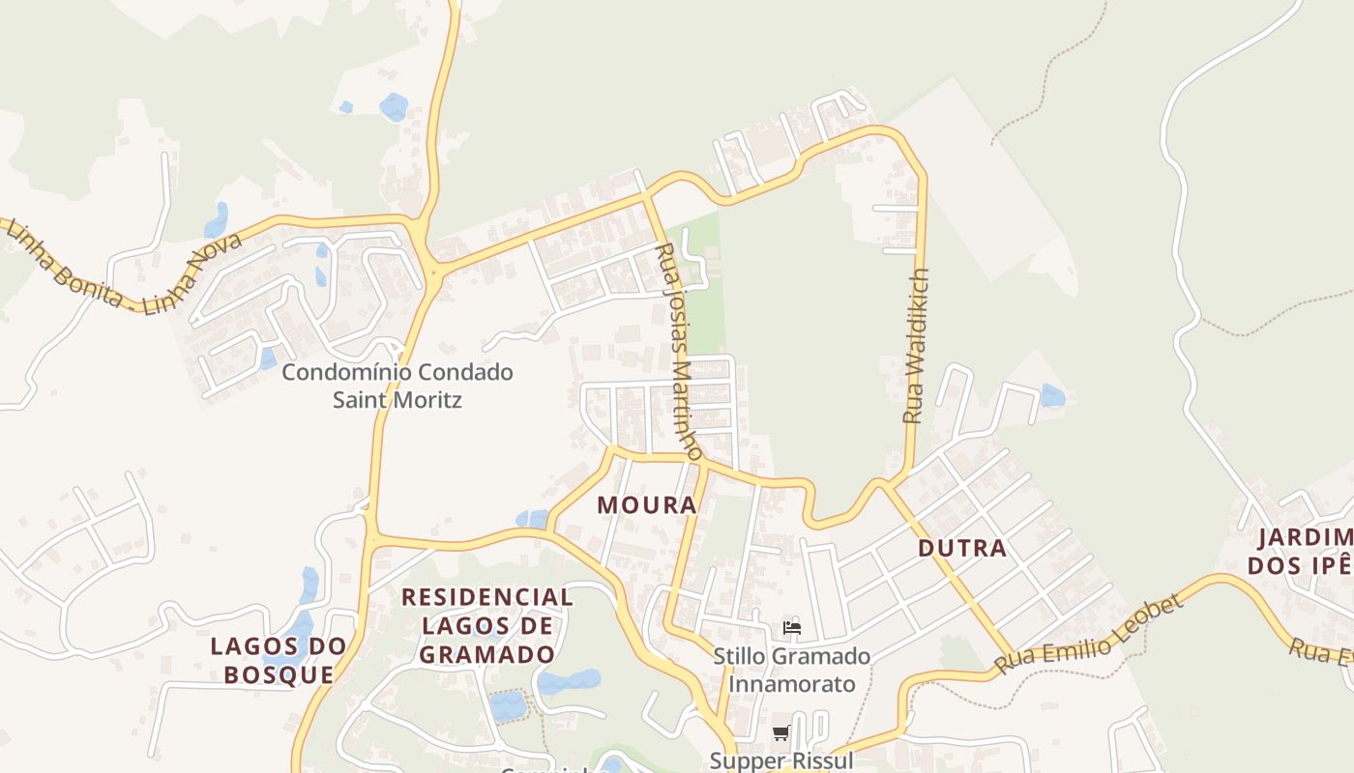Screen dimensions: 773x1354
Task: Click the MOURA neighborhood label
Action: [647, 505]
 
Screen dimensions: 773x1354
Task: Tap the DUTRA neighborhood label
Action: [961, 549]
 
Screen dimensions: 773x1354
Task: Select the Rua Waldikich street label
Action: [915, 346]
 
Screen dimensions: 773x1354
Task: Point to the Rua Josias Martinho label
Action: [679, 353]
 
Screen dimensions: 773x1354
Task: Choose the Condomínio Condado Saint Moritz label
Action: [397, 386]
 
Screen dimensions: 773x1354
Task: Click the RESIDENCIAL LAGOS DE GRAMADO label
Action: [487, 625]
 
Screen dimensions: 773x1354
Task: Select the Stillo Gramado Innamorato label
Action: [791, 670]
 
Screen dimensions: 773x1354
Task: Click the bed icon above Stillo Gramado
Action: [792, 627]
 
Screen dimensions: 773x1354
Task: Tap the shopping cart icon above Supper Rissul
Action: [781, 733]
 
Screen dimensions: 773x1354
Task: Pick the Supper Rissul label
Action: [781, 760]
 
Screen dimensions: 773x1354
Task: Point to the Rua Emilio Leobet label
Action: [1089, 636]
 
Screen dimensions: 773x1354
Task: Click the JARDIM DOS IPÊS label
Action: [1302, 551]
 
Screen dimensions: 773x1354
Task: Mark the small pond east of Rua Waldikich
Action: [1052, 395]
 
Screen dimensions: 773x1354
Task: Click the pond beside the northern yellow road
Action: [394, 106]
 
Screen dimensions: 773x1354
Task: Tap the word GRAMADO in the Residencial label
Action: [487, 654]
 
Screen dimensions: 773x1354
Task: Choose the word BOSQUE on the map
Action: [279, 673]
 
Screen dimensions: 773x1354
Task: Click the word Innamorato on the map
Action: [791, 684]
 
